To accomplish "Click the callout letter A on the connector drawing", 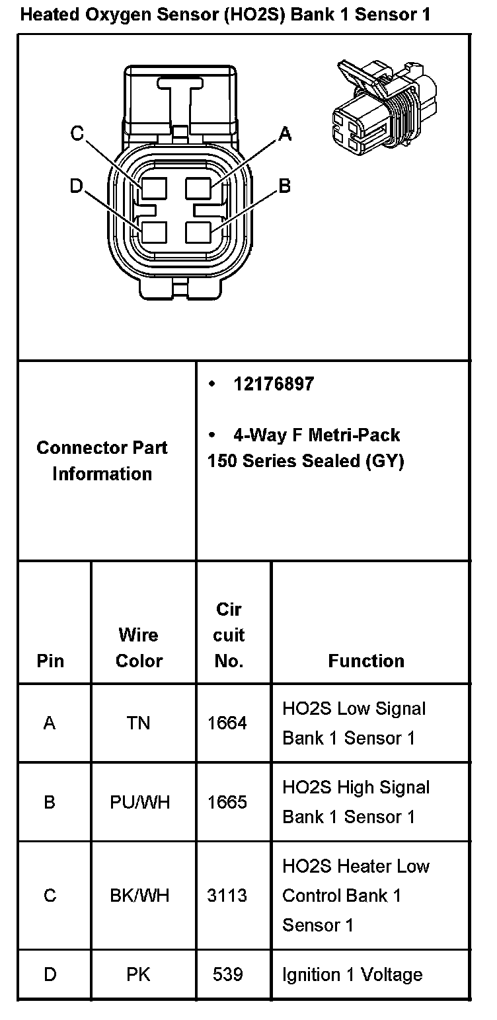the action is click(285, 134).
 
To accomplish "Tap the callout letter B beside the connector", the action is click(285, 186).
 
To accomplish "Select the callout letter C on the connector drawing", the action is click(77, 134).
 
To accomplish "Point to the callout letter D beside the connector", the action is click(77, 186).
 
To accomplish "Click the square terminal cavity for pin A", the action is click(198, 189).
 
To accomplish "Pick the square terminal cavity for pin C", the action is click(153, 189).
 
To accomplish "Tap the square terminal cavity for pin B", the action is click(198, 233).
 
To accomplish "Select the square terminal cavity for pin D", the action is click(153, 233).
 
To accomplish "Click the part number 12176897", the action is click(274, 384).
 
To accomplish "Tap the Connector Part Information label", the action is click(102, 460).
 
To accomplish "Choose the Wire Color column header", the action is click(139, 647).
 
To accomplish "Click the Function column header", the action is click(366, 661).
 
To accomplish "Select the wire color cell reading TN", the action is click(139, 723).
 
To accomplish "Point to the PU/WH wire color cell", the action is click(140, 802).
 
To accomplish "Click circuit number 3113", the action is click(227, 895).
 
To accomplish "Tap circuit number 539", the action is click(227, 974).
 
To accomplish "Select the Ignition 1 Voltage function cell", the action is click(352, 974).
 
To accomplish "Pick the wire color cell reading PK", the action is click(139, 974).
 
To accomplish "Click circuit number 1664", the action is click(227, 723).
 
